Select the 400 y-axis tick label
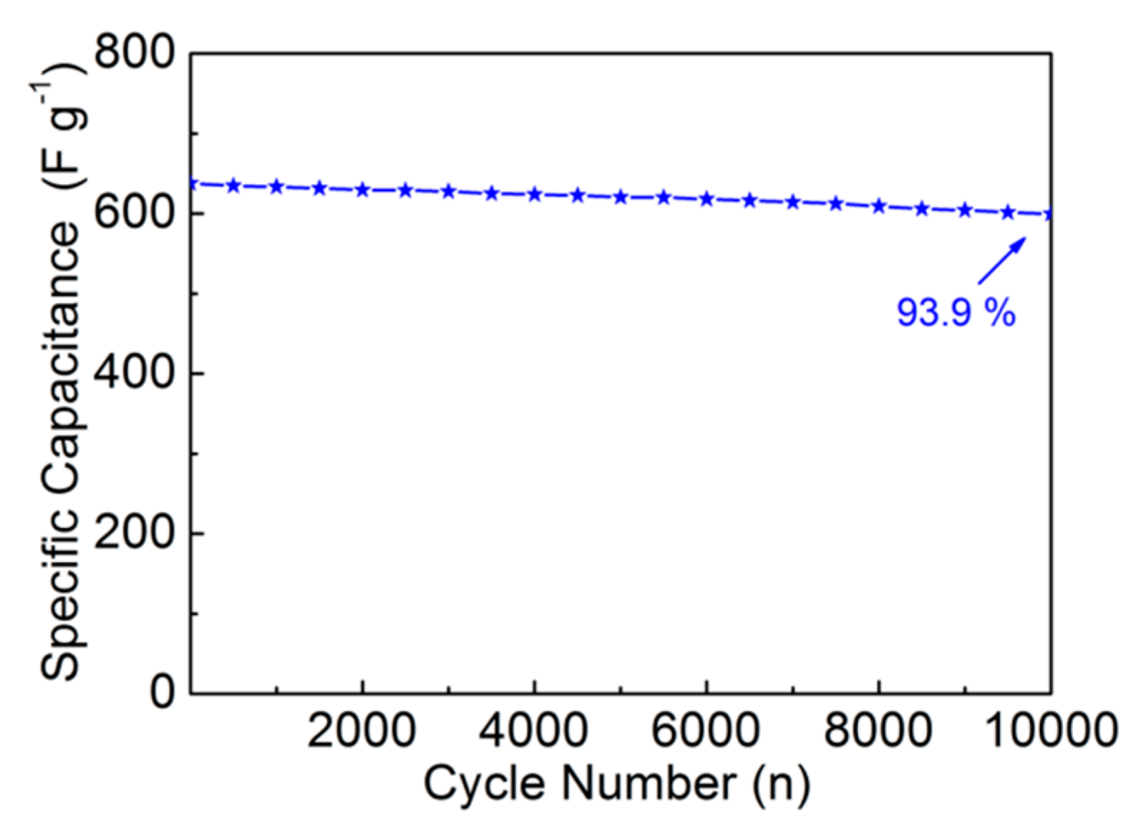pyautogui.click(x=135, y=372)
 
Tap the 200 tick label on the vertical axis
pyautogui.click(x=135, y=533)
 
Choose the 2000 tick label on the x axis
pyautogui.click(x=361, y=731)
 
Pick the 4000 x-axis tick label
pyautogui.click(x=534, y=731)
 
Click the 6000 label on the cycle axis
pyautogui.click(x=706, y=731)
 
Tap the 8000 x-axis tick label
pyautogui.click(x=878, y=731)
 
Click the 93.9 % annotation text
pyautogui.click(x=956, y=313)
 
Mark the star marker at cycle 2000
pyautogui.click(x=363, y=190)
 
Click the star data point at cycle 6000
pyautogui.click(x=706, y=199)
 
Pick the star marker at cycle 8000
pyautogui.click(x=879, y=206)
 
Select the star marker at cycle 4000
pyautogui.click(x=535, y=194)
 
